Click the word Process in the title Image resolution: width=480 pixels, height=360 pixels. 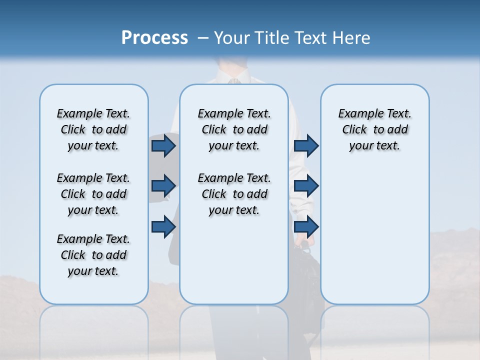coord(154,38)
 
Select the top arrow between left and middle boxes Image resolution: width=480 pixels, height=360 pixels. coord(163,145)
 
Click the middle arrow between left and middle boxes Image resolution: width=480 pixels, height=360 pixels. coord(163,186)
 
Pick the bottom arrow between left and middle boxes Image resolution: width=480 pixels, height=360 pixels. coord(163,226)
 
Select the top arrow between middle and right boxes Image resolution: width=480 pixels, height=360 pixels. coord(306,145)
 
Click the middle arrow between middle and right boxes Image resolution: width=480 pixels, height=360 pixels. coord(306,186)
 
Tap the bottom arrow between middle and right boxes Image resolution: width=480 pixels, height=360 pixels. coord(306,226)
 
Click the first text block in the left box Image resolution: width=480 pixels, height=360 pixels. coord(93,129)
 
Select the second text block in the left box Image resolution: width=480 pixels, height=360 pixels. coord(93,194)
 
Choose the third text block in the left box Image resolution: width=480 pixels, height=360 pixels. coord(93,255)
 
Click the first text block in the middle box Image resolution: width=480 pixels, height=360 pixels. coord(234,129)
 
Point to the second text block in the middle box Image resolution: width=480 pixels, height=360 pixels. coord(234,194)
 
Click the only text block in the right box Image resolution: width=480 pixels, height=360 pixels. coord(374,129)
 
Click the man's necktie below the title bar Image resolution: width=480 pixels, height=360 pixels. coord(233,80)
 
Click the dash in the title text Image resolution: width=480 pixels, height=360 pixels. coord(203,38)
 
